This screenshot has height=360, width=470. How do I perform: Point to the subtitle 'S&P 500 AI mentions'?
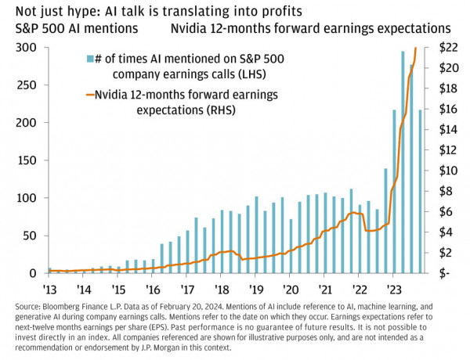coord(76,28)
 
